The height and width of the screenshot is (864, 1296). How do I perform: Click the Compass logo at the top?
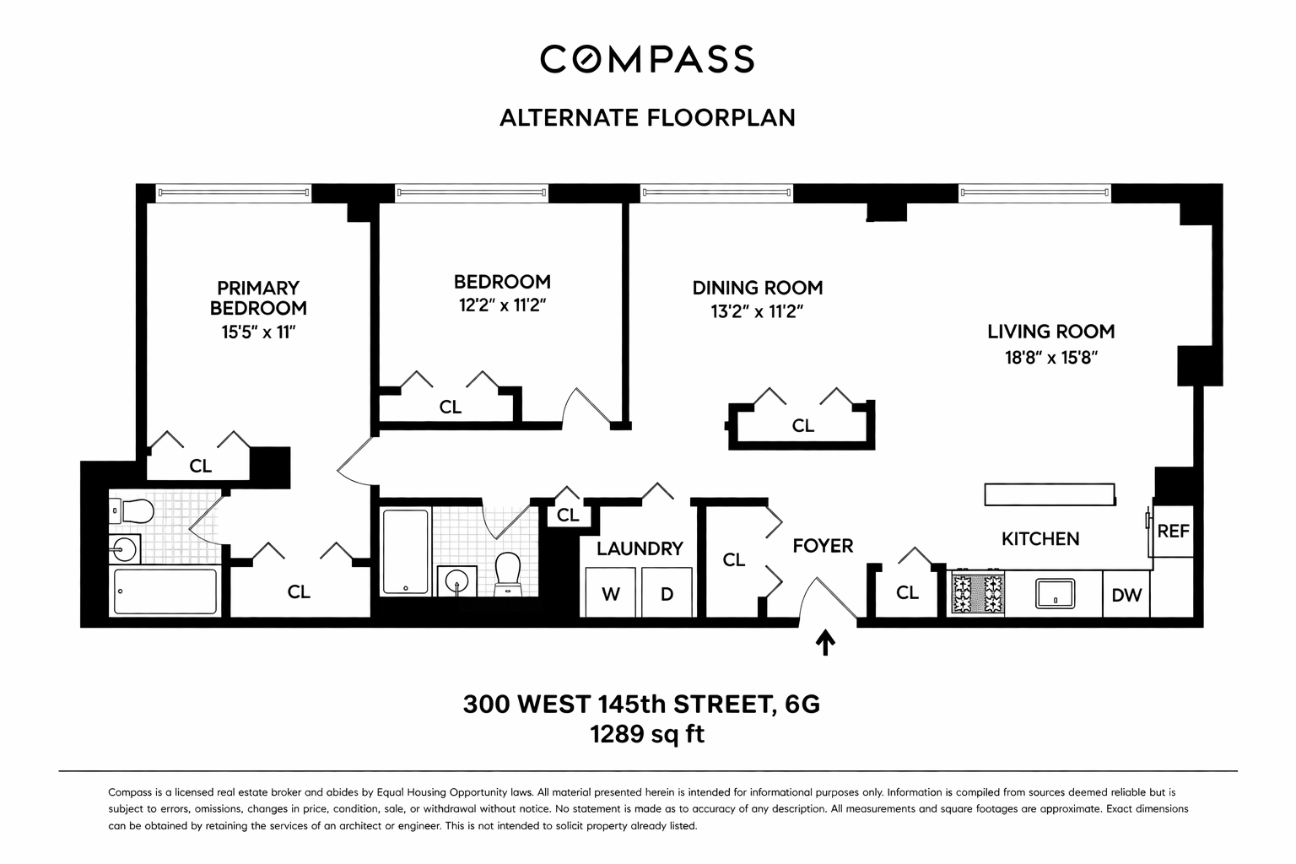[647, 59]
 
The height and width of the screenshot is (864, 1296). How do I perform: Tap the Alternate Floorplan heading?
[647, 117]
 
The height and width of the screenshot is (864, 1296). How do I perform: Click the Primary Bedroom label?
[258, 299]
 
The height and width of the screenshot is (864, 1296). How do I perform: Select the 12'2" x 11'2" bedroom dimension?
[503, 305]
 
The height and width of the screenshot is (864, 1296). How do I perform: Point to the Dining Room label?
[757, 288]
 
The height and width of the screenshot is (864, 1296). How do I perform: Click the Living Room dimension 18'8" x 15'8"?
[1050, 357]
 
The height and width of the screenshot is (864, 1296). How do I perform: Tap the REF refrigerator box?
[1173, 532]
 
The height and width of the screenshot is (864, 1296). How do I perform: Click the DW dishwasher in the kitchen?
[1126, 595]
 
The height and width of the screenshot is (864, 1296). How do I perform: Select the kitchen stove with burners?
[978, 593]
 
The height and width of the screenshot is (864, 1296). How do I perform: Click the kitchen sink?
[1055, 593]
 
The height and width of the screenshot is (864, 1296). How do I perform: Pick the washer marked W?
[610, 593]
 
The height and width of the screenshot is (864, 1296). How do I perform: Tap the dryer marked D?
[667, 593]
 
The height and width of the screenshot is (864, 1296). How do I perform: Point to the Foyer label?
[823, 546]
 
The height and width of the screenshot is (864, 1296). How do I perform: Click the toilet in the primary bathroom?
[135, 511]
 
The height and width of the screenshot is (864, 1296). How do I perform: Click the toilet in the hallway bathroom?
[508, 574]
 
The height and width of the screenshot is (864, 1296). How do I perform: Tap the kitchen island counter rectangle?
[1050, 494]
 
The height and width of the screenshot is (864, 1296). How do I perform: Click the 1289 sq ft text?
[647, 734]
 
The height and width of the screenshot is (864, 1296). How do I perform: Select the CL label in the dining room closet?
[802, 426]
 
